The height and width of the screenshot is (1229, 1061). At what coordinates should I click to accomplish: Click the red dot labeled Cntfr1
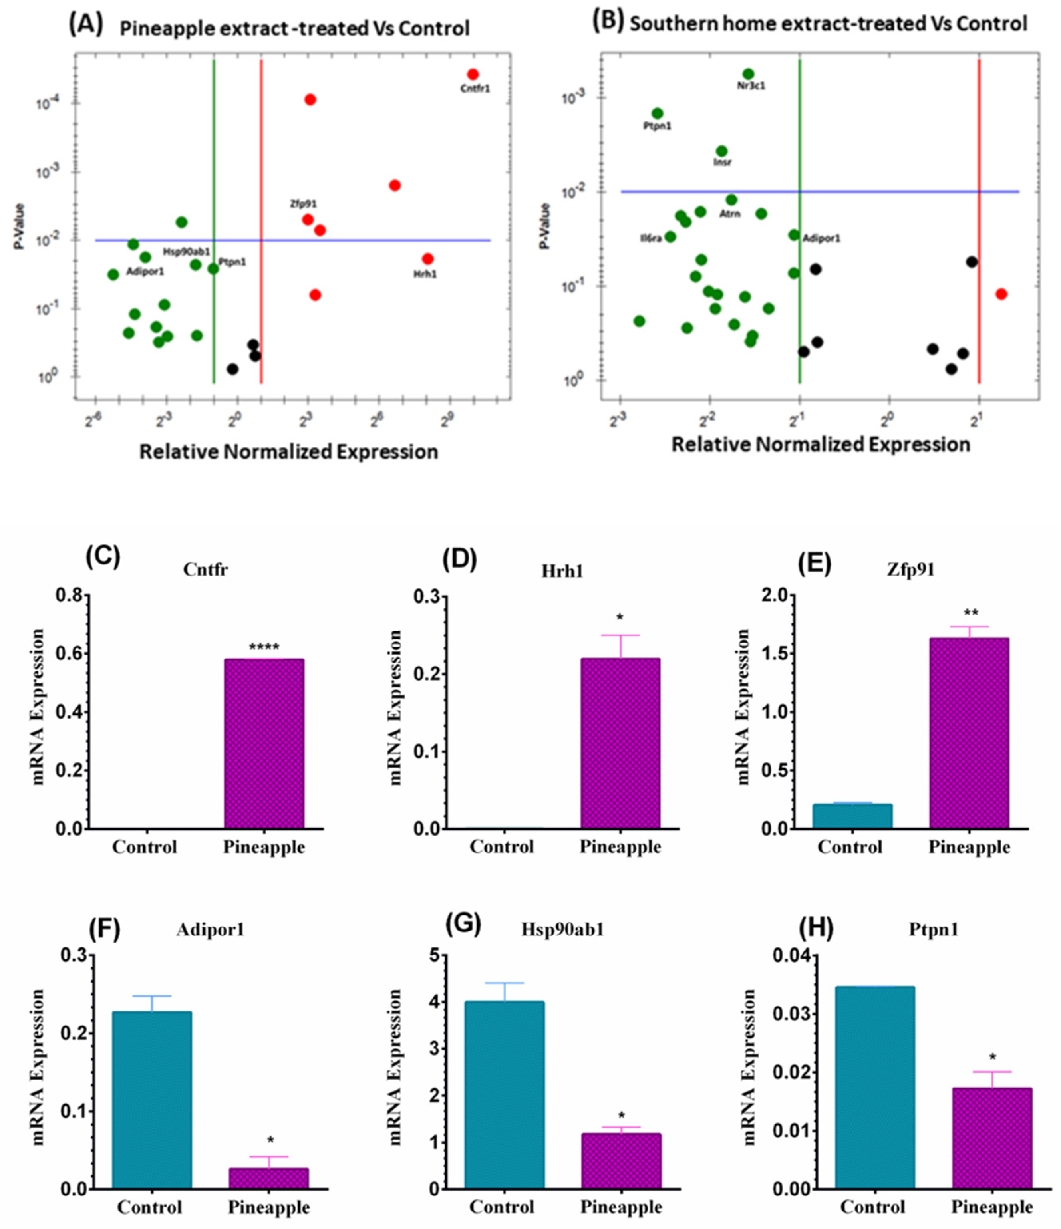473,74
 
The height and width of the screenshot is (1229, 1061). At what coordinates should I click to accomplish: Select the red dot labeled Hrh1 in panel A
427,258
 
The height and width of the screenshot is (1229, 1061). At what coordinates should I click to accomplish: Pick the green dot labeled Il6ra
670,237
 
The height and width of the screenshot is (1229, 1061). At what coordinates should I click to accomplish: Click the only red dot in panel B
1001,294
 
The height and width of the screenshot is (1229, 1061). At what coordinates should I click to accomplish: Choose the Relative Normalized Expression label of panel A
288,452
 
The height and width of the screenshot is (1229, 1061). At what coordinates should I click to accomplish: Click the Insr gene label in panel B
722,161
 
